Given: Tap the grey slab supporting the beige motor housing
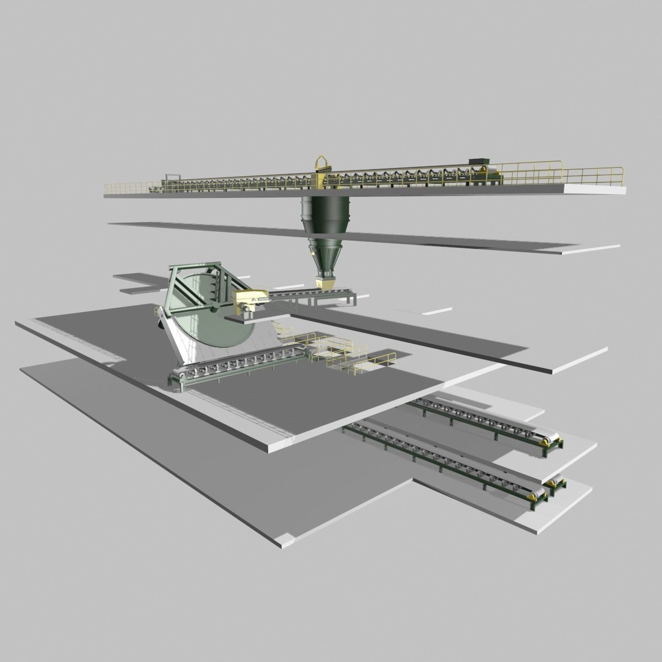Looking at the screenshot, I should click(265, 317).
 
